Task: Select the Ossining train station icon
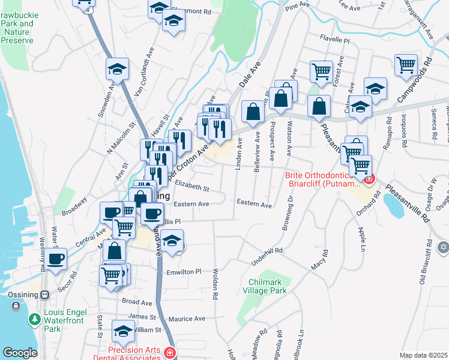(x=44, y=295)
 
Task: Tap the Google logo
(x=20, y=353)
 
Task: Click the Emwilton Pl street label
(x=184, y=272)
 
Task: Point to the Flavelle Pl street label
(x=334, y=40)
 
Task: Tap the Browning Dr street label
(x=288, y=211)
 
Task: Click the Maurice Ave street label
(x=187, y=319)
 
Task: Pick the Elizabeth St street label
(x=191, y=188)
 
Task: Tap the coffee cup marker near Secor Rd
(x=56, y=259)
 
